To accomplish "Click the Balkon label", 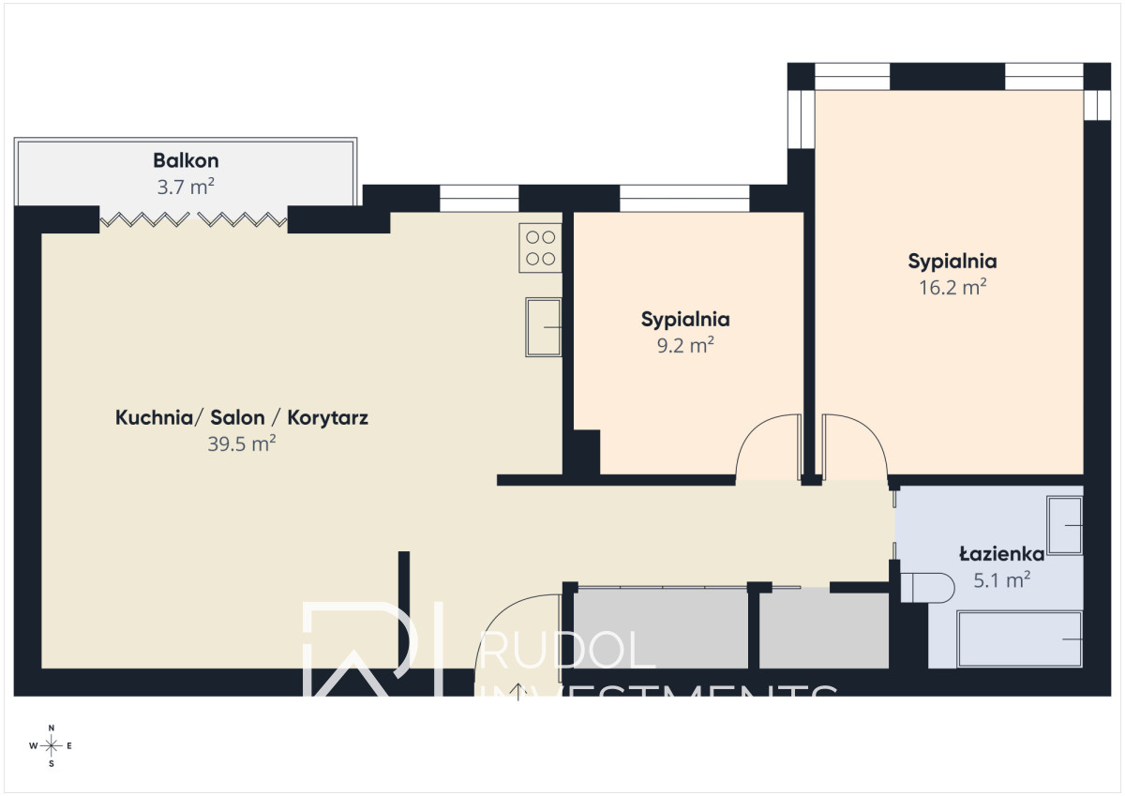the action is (x=186, y=160).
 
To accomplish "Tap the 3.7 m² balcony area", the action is (x=186, y=188).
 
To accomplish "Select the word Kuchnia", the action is (x=154, y=418).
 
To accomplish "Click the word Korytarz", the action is (x=327, y=418).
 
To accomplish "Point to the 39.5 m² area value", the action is (x=242, y=444).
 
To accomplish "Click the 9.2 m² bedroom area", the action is (x=685, y=346).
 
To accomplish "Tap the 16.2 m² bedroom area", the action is (x=952, y=288).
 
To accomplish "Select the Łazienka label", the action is (x=1002, y=554).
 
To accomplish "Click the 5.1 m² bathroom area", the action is (x=1002, y=580).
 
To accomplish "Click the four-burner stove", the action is (x=540, y=248).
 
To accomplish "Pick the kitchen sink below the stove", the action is (x=544, y=327).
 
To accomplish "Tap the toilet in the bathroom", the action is (x=927, y=588).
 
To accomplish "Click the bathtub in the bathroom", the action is (x=1020, y=638).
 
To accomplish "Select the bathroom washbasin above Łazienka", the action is (x=1064, y=525).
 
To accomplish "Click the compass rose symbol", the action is (x=51, y=745).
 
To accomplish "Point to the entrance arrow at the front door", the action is (x=517, y=692).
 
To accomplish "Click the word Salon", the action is (x=237, y=418).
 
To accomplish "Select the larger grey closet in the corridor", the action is (x=660, y=628).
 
